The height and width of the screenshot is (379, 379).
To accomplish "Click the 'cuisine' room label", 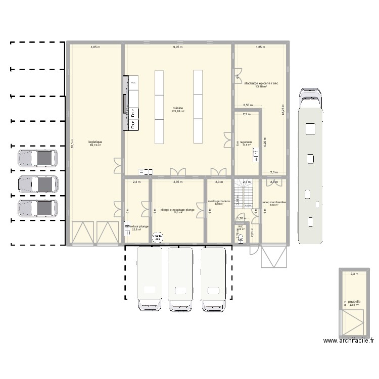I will [x=178, y=108].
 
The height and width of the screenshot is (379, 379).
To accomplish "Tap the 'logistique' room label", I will [x=96, y=142].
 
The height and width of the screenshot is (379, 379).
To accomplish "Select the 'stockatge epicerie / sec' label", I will [x=261, y=83].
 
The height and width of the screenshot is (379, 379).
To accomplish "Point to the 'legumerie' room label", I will [x=246, y=142].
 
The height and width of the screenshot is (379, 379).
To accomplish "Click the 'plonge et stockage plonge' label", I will [x=177, y=210].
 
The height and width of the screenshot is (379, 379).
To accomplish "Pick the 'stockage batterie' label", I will [x=219, y=201].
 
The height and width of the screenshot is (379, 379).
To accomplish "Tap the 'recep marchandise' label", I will [x=274, y=202].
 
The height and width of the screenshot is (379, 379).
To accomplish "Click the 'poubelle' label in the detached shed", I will [x=354, y=302].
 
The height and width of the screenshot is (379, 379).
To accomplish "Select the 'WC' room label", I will [x=241, y=226].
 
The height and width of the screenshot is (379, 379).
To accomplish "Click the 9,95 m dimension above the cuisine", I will [x=178, y=47].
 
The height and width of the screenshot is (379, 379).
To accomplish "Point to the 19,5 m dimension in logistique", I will [x=73, y=144].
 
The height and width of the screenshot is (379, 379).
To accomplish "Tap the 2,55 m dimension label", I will [x=248, y=106].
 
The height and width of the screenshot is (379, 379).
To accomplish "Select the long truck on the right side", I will [x=310, y=167].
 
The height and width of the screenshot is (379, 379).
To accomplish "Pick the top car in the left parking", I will [x=38, y=158].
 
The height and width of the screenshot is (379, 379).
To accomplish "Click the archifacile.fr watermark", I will [x=349, y=341].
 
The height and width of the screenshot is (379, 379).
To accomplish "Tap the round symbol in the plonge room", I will [x=158, y=236].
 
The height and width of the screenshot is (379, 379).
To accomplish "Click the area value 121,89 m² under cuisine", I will [x=178, y=111].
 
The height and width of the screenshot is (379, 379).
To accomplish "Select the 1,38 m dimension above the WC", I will [x=242, y=218].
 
